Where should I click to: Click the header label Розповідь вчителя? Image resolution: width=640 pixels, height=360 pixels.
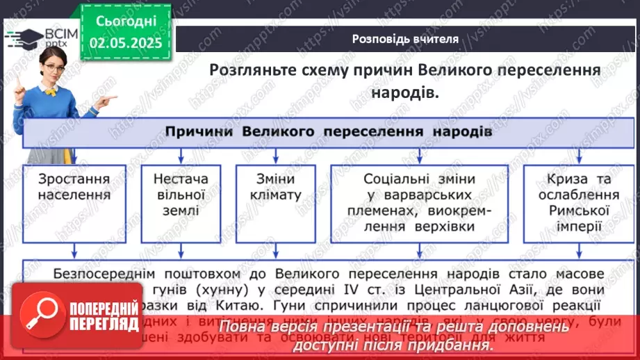tap(404, 39)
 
